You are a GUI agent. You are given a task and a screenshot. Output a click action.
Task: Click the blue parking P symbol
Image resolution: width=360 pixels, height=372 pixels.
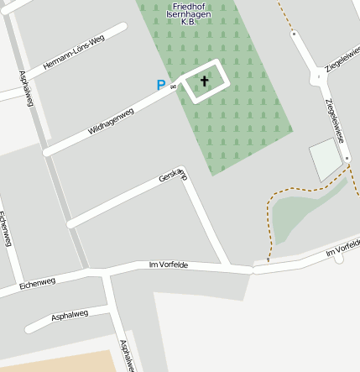tap(160, 85)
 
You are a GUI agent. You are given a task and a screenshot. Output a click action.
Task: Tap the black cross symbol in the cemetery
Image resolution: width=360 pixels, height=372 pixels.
tap(204, 81)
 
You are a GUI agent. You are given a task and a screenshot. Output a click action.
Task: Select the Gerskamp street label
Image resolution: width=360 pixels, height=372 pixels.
tap(173, 176)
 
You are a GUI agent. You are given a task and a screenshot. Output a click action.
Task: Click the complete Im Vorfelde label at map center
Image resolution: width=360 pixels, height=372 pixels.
tap(168, 265)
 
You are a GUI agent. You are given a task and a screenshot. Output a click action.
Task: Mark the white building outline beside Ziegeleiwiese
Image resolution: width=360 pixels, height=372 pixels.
tap(326, 160)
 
